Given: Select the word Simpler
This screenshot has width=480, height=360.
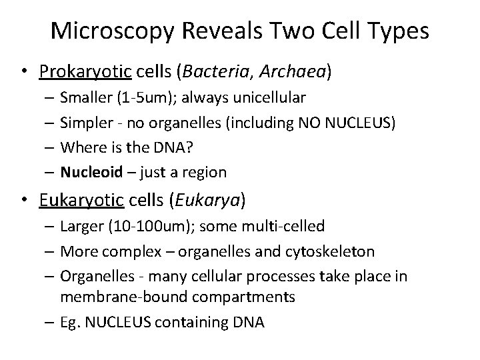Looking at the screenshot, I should (85, 123).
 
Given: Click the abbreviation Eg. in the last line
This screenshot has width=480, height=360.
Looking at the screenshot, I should (69, 323).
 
